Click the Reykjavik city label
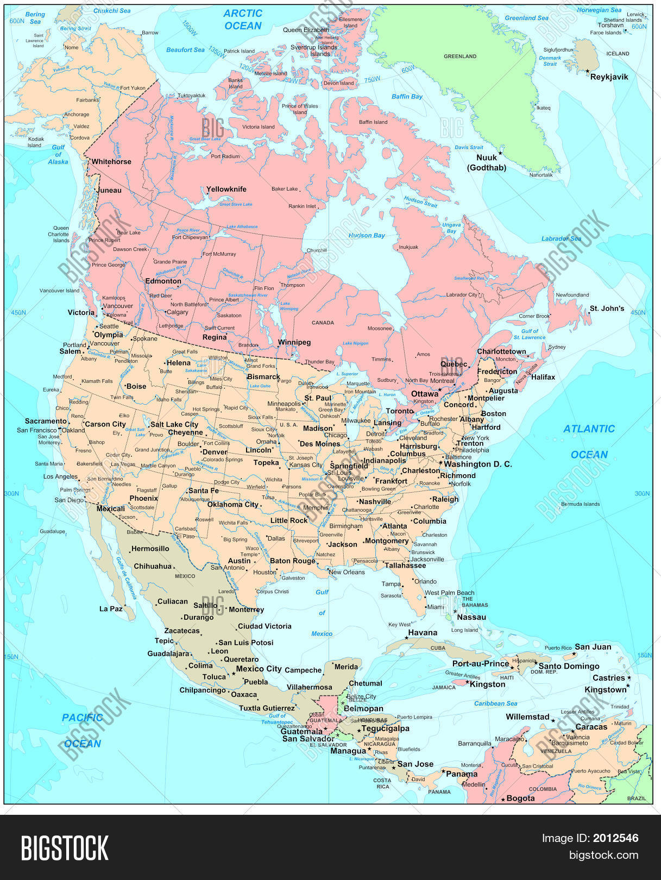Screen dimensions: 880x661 (609, 77)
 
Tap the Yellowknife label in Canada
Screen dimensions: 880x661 (226, 190)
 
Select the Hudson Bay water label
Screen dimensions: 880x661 (367, 235)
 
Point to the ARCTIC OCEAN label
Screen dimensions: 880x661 (243, 20)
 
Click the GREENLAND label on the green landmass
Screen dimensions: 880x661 (460, 56)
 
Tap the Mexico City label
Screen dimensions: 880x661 (259, 669)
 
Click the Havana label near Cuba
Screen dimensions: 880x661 (423, 633)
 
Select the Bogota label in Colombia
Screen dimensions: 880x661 (520, 798)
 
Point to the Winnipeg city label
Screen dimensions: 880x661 (294, 343)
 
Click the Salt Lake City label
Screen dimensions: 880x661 (174, 425)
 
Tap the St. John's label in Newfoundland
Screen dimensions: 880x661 (607, 309)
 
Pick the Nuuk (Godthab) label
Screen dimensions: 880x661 (487, 162)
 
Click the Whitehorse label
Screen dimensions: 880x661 (111, 162)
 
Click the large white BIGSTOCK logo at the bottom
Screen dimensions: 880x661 (65, 848)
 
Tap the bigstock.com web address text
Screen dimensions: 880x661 (603, 856)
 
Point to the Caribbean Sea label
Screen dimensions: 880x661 (495, 703)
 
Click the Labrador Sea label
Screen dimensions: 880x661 (561, 238)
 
